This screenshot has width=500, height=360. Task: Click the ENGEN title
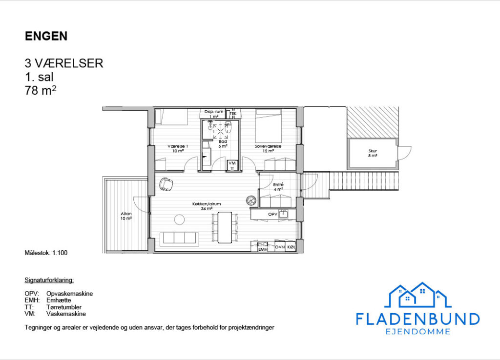tap(46, 36)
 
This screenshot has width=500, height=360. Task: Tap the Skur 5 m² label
tap(373, 153)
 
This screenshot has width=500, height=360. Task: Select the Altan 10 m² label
tap(126, 216)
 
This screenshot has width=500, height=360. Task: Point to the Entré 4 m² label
tap(278, 187)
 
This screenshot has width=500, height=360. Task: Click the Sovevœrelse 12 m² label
tap(268, 148)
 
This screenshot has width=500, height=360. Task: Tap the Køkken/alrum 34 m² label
tap(207, 206)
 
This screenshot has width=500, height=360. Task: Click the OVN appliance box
tap(280, 247)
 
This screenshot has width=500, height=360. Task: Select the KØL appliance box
tap(291, 247)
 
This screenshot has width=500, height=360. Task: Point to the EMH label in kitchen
tap(263, 249)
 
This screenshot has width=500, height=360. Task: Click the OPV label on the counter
tap(272, 214)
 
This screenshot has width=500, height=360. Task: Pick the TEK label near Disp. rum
tap(233, 114)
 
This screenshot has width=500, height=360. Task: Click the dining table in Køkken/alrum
tap(225, 227)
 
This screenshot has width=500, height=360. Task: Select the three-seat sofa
tap(179, 239)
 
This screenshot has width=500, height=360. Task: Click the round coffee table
tap(180, 220)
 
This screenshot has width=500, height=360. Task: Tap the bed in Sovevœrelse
tap(269, 126)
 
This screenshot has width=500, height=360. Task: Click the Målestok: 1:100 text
tap(46, 253)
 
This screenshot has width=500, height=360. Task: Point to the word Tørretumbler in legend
tap(64, 307)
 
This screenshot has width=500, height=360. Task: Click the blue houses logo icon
tap(418, 295)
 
